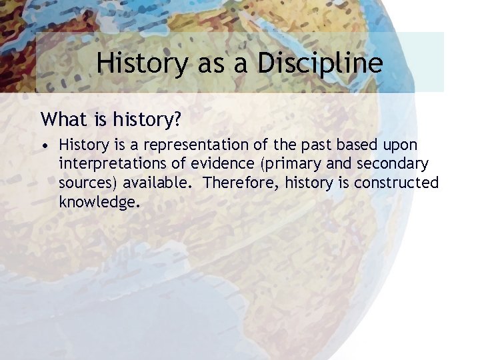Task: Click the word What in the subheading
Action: pos(61,119)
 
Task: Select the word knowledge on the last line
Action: pos(99,202)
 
